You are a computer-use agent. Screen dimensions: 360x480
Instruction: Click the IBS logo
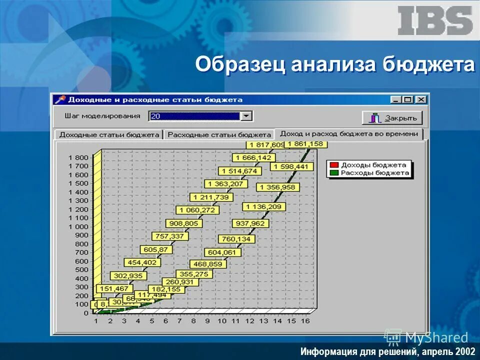tap(434, 21)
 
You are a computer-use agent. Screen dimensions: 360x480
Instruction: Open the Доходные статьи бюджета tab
tap(109, 134)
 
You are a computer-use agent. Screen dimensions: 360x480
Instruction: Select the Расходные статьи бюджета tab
tap(219, 134)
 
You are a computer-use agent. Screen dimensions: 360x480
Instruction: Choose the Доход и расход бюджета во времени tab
tap(349, 134)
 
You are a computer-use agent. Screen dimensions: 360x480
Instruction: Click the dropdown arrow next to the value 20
tap(246, 116)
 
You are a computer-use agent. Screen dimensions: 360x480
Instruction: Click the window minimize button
tap(396, 99)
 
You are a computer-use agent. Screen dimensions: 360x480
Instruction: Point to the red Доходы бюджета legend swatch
tap(334, 164)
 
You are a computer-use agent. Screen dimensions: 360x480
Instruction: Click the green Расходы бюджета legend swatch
tap(334, 173)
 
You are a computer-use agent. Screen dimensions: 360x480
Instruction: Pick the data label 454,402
tap(142, 262)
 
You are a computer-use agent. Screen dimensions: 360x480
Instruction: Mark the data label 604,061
tap(222, 252)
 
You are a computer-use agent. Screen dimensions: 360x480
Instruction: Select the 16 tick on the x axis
tap(304, 320)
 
